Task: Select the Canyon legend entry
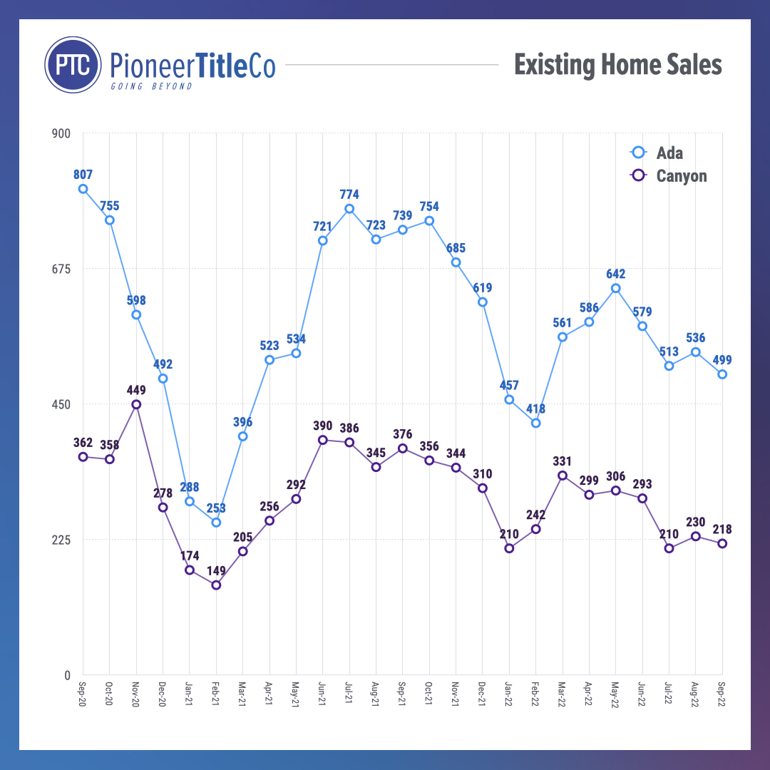click(671, 175)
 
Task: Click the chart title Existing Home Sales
click(617, 65)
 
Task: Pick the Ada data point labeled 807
click(83, 189)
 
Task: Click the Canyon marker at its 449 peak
click(136, 404)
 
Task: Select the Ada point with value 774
click(349, 209)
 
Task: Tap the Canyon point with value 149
click(216, 585)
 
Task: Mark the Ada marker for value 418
click(535, 423)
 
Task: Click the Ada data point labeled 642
click(616, 288)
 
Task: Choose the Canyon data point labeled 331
click(563, 476)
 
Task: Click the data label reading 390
click(322, 426)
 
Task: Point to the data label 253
click(216, 508)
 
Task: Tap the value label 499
click(722, 360)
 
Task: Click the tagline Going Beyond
click(151, 86)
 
